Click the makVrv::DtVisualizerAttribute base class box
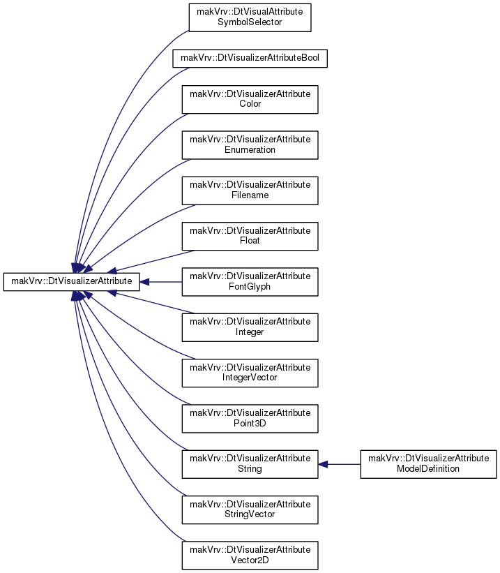[72, 282]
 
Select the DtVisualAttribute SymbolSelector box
[250, 17]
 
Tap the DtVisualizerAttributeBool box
[250, 59]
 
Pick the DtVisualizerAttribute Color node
[250, 99]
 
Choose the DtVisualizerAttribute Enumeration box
[250, 145]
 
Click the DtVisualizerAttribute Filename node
[250, 191]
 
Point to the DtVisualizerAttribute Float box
[250, 237]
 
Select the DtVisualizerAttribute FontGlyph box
[250, 282]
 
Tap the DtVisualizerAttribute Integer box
[250, 327]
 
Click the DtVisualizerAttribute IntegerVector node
[250, 373]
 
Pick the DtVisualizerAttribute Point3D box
[250, 419]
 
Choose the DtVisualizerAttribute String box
[250, 464]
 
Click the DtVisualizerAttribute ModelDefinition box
[428, 464]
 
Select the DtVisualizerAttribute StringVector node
[250, 509]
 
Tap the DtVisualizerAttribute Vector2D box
[250, 556]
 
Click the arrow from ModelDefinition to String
[340, 464]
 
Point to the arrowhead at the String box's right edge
[323, 464]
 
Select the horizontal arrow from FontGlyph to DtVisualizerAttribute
[160, 282]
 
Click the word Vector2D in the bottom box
[250, 560]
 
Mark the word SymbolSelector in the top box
[250, 22]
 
